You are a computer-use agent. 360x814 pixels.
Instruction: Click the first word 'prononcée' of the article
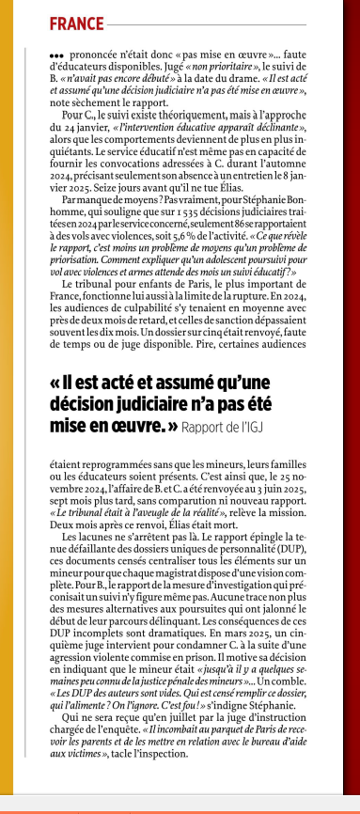(91, 55)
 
